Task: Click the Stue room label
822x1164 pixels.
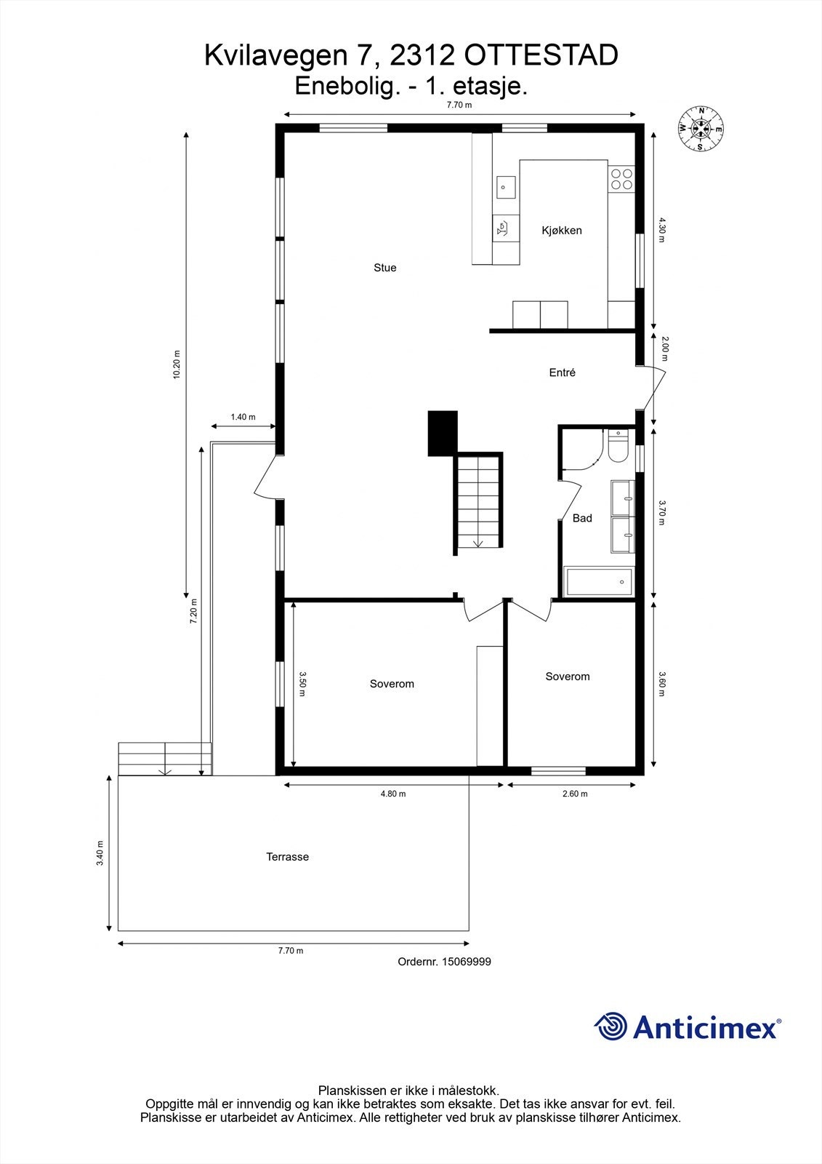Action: pos(384,268)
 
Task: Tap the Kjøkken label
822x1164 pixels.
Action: pos(562,231)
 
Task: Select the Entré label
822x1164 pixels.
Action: pos(562,372)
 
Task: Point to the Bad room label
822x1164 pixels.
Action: pos(582,518)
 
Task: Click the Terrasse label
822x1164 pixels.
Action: pos(287,857)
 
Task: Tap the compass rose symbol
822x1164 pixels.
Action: pos(701,129)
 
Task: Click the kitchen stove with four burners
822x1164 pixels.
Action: pos(621,179)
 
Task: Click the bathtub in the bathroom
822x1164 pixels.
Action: pos(599,582)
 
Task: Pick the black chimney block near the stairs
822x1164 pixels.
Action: pos(442,433)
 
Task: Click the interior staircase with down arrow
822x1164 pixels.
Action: pos(479,502)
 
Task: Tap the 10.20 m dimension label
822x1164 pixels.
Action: pos(176,364)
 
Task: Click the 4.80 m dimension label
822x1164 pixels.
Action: pos(393,794)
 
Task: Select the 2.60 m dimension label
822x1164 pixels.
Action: pos(575,794)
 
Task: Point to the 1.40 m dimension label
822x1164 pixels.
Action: pos(243,417)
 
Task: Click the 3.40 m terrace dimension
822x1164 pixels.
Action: pos(100,853)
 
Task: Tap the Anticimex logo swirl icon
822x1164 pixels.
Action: pos(611,1027)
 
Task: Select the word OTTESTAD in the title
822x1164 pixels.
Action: pos(541,55)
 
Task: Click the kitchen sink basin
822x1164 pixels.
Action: pos(504,187)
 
